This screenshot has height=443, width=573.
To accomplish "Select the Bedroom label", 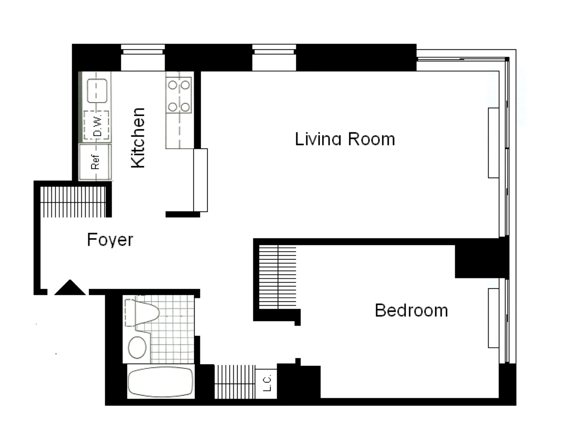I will click(x=411, y=310).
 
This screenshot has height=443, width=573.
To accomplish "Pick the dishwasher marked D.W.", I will click(x=96, y=125).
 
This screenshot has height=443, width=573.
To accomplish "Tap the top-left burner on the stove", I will click(x=172, y=85).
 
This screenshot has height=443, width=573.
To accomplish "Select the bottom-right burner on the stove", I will click(x=185, y=107).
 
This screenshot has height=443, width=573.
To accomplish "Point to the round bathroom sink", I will click(x=137, y=347).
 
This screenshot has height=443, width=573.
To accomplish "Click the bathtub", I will click(x=161, y=382).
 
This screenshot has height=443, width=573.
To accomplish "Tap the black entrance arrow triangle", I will click(x=70, y=288).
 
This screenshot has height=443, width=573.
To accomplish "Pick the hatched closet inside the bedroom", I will click(x=278, y=277).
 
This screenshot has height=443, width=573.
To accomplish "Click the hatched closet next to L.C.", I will click(x=235, y=382).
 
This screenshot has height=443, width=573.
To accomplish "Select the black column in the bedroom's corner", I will click(x=477, y=261).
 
